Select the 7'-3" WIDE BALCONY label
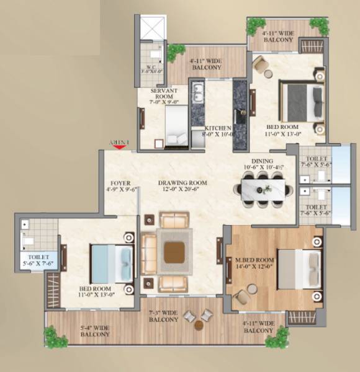click(164, 316)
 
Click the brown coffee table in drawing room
click(174, 252)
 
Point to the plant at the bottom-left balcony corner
click(56, 337)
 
